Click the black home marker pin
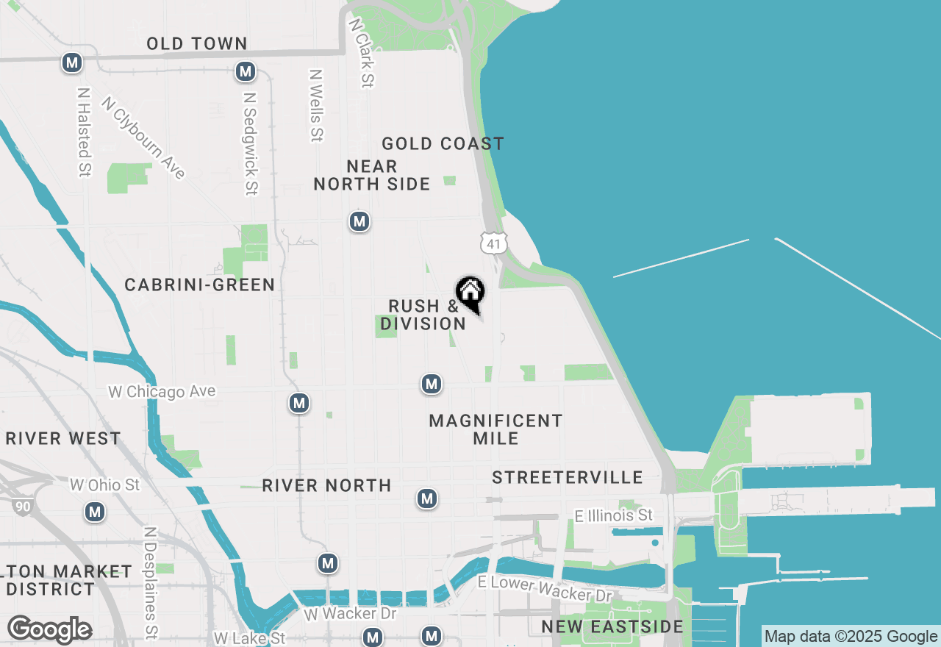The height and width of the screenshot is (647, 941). [x=470, y=293]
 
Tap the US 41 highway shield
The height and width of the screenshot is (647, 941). [x=494, y=243]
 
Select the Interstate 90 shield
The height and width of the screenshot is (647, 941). [x=21, y=506]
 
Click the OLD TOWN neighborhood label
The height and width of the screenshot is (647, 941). [x=196, y=44]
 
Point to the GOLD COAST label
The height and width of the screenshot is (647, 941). [x=443, y=144]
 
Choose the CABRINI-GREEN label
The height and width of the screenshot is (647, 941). [x=199, y=285]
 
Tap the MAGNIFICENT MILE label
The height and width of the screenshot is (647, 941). [x=495, y=429]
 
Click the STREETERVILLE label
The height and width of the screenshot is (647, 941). [x=568, y=478]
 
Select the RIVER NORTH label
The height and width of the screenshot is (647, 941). [x=326, y=486]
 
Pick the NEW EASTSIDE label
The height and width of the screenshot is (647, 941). [x=612, y=627]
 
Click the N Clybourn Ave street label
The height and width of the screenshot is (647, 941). [x=144, y=137]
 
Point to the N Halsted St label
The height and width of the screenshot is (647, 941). [x=84, y=133]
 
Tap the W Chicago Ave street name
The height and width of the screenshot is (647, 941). [x=162, y=392]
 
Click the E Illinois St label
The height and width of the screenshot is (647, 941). [x=614, y=515]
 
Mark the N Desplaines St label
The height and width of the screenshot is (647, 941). [x=151, y=581]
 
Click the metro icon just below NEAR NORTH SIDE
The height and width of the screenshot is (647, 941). [x=359, y=221]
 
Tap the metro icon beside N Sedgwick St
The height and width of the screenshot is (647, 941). [x=246, y=72]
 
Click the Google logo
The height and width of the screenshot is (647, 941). [x=49, y=629]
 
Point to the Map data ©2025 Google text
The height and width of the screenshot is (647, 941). [x=851, y=637]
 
